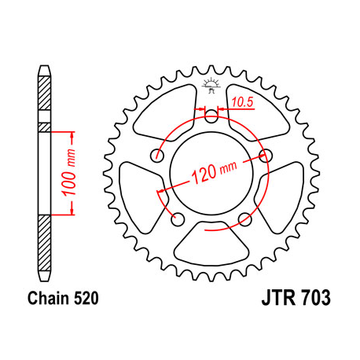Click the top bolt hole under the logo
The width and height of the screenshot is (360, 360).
211,116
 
